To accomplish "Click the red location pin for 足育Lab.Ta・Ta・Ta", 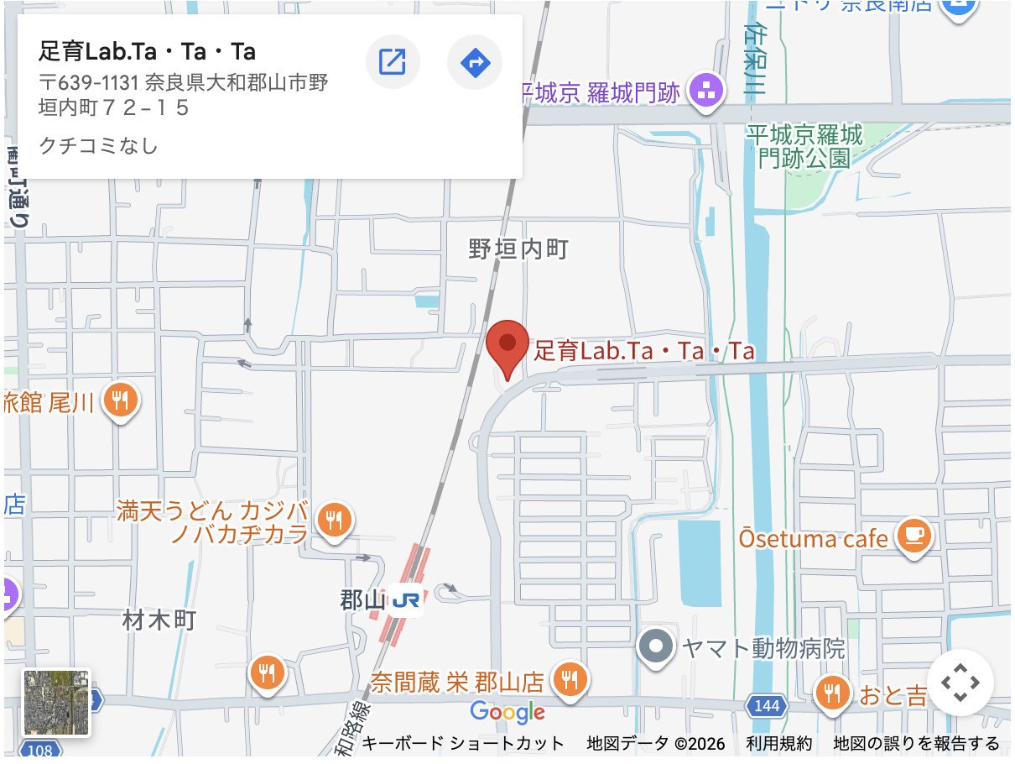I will click(x=507, y=345).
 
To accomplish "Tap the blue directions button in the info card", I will click(x=475, y=62).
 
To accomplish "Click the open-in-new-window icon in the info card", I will click(x=393, y=62).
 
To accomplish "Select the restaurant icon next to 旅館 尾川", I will click(x=121, y=401).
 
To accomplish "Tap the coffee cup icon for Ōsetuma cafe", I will click(x=914, y=535).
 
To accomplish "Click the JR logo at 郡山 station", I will click(x=406, y=600).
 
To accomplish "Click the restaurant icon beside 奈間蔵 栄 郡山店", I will click(x=570, y=678).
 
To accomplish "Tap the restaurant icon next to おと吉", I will click(x=832, y=693).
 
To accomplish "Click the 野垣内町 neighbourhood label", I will click(x=518, y=249).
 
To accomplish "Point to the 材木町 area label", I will click(x=159, y=620).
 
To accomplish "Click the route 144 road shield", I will click(x=767, y=707).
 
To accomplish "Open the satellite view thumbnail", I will click(x=56, y=703).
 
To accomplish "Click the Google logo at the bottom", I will click(x=507, y=713).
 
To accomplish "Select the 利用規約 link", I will click(x=779, y=743).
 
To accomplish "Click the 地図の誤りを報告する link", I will click(x=916, y=743).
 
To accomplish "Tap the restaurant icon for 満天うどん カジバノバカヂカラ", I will click(x=335, y=521).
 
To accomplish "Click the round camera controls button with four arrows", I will click(x=960, y=683).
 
